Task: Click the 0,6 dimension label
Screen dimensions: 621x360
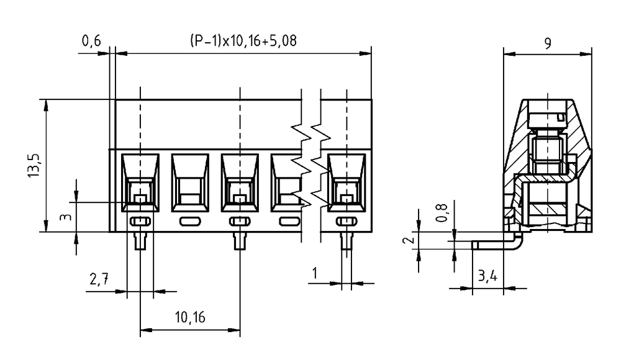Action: coord(91,41)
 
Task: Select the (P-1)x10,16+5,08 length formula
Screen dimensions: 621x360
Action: coord(243,41)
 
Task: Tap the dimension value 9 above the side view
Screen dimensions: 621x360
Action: coord(548,43)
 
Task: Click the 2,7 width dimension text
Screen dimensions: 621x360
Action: coord(99,279)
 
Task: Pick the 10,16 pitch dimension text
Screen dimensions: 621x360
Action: coord(190,317)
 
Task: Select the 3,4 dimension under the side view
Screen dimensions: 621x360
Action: coord(487,275)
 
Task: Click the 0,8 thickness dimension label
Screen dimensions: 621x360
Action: coord(442,213)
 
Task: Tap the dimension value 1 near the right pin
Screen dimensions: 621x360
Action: coord(315,273)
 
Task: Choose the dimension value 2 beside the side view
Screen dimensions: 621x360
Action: coord(409,240)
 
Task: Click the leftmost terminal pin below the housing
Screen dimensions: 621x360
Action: coord(140,241)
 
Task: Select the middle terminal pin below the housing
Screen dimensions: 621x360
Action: coord(240,241)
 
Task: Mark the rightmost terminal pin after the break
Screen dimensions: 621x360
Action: coord(347,241)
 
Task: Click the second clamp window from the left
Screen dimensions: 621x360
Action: coord(190,182)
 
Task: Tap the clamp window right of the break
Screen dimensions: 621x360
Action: coord(347,182)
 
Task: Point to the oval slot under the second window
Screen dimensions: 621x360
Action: coord(190,222)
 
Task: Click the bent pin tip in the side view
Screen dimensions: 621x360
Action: coord(475,245)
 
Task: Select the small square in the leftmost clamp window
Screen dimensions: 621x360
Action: coord(140,199)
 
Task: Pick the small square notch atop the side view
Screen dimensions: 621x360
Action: coord(560,117)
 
